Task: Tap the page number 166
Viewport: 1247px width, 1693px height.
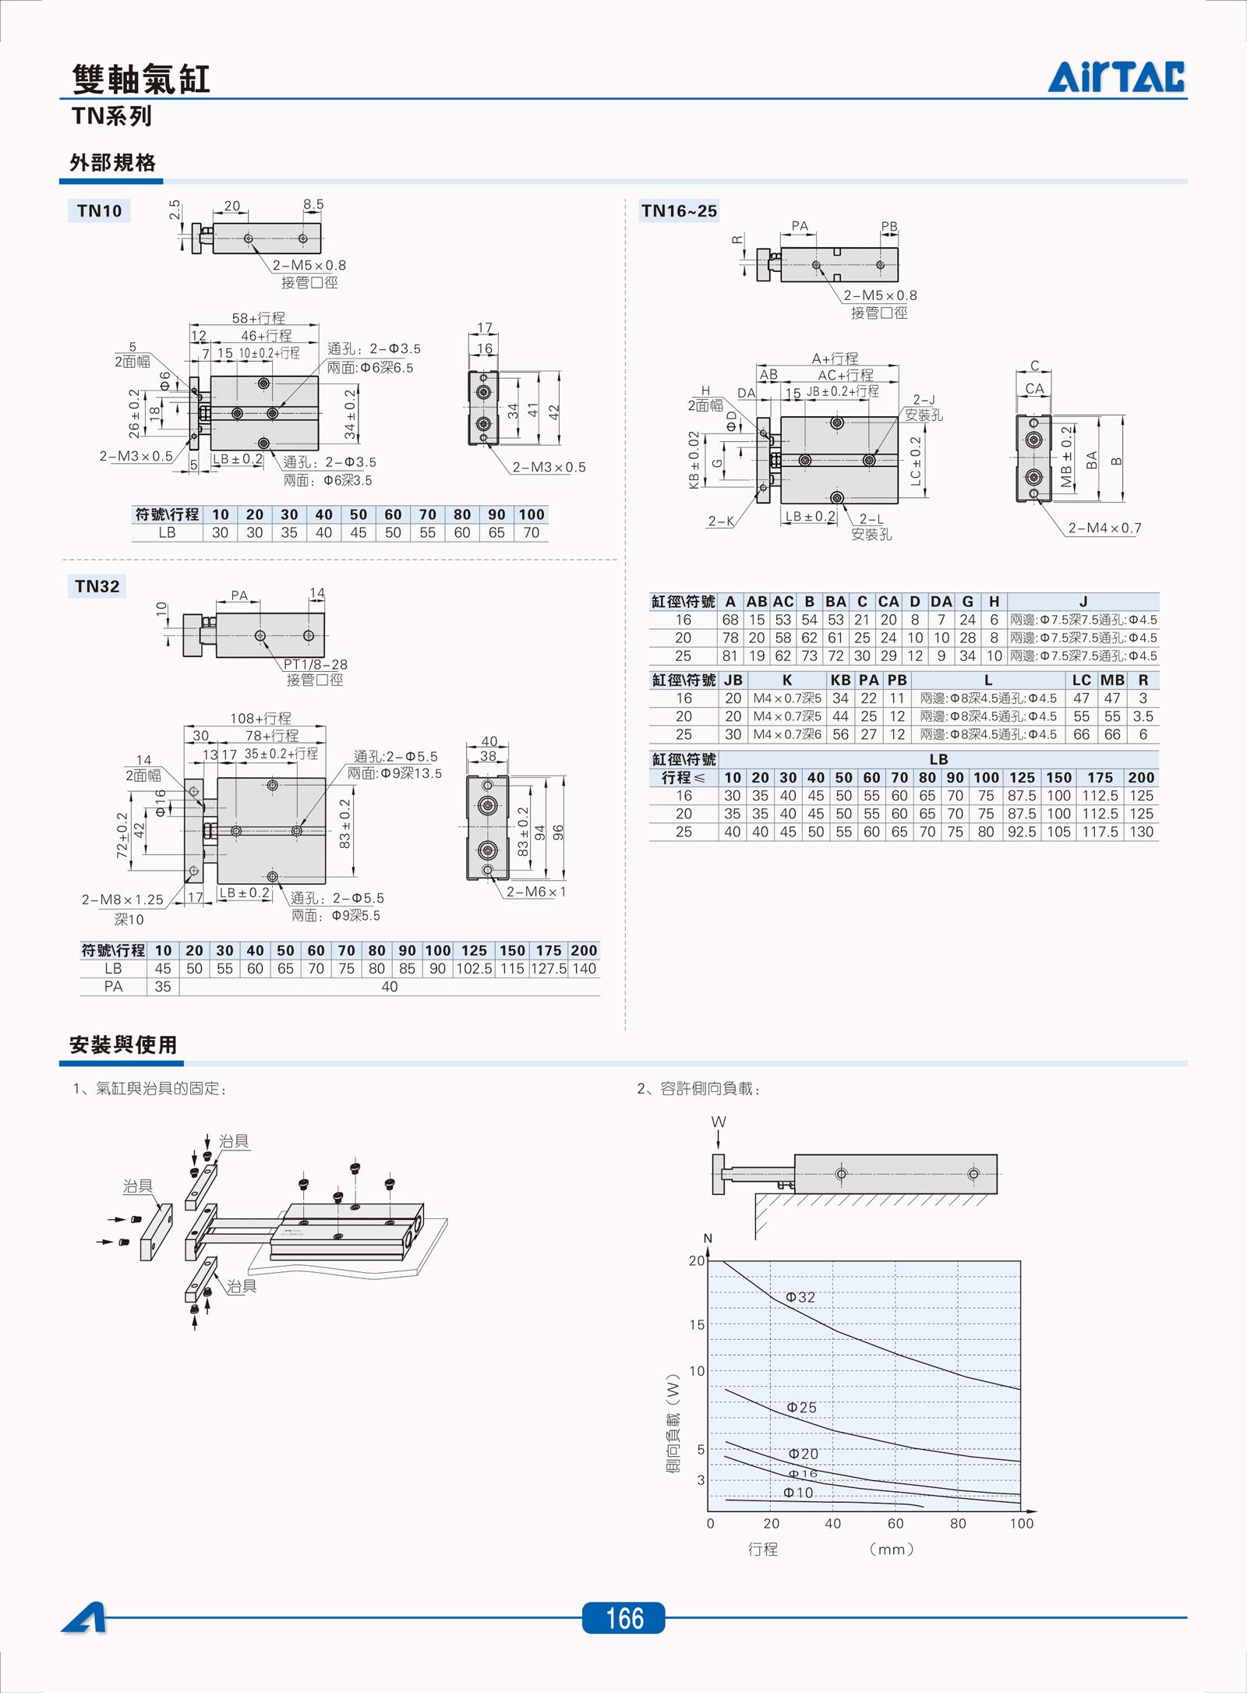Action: [x=623, y=1618]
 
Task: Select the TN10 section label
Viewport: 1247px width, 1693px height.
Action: [x=99, y=210]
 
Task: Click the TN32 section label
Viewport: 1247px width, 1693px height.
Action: [x=97, y=586]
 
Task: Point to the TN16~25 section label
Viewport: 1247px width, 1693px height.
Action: [x=679, y=210]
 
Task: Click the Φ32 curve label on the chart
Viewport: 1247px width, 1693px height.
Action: [x=800, y=1297]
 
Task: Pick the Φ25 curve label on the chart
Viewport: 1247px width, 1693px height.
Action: [x=801, y=1407]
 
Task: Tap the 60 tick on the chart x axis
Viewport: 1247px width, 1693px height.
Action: [x=896, y=1523]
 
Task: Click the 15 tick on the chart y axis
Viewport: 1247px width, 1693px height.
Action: [x=697, y=1324]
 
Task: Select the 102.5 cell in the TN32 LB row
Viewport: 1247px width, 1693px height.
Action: [x=474, y=968]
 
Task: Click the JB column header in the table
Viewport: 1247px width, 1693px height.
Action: [x=733, y=680]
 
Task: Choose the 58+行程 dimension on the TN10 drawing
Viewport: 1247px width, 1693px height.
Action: [x=258, y=318]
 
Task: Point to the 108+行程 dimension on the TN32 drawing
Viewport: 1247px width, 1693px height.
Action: [x=260, y=718]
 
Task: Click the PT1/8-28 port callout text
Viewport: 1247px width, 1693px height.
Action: [x=315, y=664]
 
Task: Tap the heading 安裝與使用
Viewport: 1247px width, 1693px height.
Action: [x=123, y=1044]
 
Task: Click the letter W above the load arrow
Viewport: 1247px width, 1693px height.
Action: [x=719, y=1122]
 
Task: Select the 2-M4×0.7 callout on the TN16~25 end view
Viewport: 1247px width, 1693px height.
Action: [x=1104, y=528]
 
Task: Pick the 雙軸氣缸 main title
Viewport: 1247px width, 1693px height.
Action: [x=141, y=79]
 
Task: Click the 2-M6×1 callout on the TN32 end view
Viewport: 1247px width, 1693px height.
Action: [x=536, y=892]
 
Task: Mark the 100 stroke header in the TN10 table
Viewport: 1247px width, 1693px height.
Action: [x=532, y=514]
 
